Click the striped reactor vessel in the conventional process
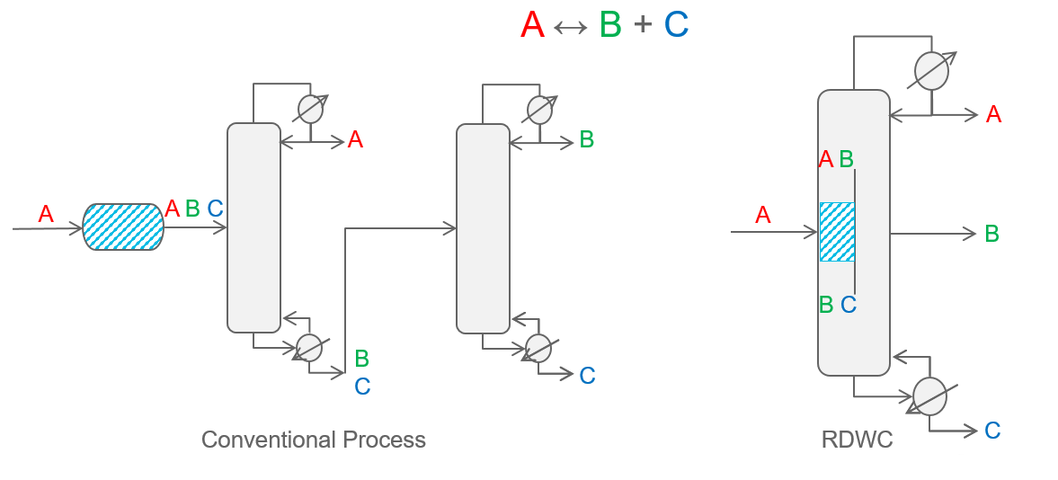[x=123, y=227]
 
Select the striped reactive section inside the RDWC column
[x=837, y=232]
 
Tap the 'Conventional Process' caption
[x=313, y=440]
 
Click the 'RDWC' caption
[x=857, y=440]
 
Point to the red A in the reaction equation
[x=532, y=25]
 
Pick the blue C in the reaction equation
[x=676, y=25]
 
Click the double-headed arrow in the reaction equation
[x=571, y=28]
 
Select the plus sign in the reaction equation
[x=642, y=25]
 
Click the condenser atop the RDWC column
[x=931, y=70]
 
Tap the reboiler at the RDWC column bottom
[x=929, y=396]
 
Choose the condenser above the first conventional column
[x=310, y=109]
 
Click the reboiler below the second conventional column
[x=538, y=347]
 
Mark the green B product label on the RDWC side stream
[x=991, y=234]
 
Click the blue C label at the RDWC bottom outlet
[x=992, y=431]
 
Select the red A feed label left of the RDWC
[x=763, y=216]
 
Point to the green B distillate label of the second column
[x=586, y=139]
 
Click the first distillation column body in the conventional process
[x=254, y=227]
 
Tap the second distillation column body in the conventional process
[x=483, y=228]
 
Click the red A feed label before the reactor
[x=46, y=215]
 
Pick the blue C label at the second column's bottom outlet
[x=587, y=376]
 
